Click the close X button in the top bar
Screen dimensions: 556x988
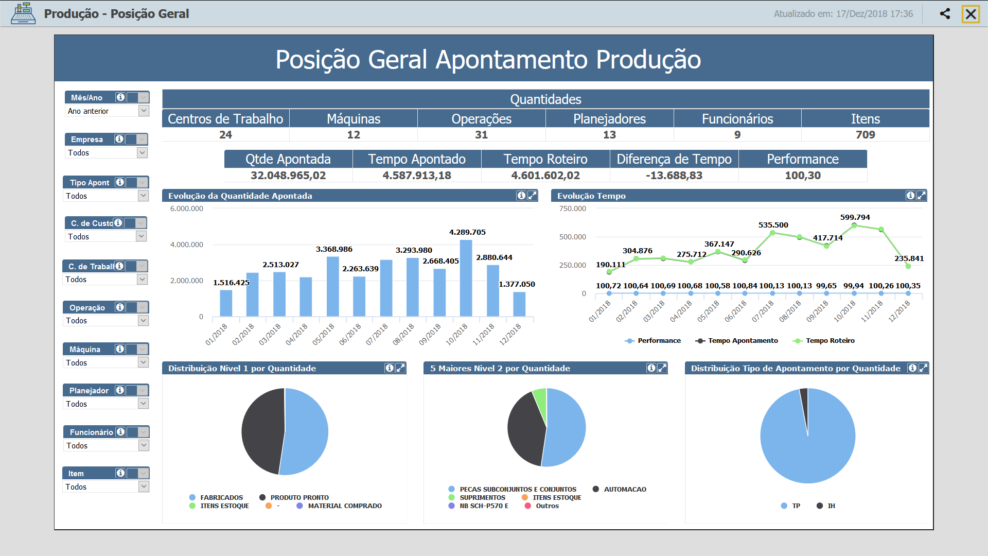[971, 14]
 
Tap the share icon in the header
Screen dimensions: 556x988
[945, 14]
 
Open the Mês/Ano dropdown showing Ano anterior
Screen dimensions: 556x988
[144, 111]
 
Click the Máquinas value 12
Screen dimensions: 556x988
[354, 135]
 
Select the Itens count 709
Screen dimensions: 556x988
[865, 135]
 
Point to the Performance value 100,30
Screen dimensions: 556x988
[802, 176]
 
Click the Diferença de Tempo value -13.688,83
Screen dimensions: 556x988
[674, 176]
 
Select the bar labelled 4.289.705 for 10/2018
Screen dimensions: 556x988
[466, 278]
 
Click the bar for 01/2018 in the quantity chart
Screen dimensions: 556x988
[226, 303]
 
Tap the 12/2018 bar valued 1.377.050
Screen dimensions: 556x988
[519, 304]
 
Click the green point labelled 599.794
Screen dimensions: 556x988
[854, 225]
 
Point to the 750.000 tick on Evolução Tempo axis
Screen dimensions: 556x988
[572, 208]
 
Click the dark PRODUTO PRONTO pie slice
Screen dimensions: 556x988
[262, 430]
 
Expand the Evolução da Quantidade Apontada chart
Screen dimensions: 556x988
[532, 196]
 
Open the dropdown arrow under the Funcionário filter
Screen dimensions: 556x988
[144, 445]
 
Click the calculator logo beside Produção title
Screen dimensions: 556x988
[23, 14]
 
